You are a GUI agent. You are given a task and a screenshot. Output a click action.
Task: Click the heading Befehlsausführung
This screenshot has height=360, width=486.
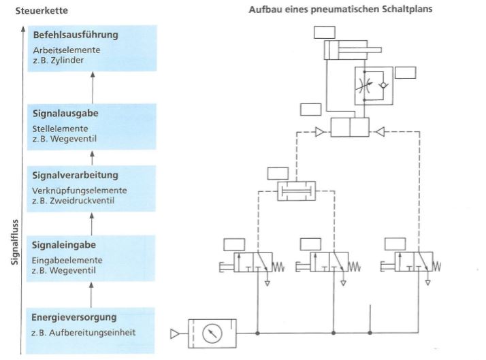click(x=76, y=35)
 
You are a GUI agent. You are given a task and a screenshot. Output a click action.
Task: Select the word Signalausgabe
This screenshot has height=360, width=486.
click(x=65, y=114)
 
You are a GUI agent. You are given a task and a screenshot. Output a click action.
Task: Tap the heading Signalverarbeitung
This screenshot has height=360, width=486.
click(x=76, y=176)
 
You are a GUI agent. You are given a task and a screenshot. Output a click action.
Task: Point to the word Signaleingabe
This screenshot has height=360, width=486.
click(x=64, y=245)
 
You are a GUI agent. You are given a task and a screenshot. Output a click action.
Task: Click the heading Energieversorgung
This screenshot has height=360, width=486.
click(x=74, y=317)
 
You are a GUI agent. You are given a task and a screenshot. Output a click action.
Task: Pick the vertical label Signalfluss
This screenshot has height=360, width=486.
click(x=14, y=242)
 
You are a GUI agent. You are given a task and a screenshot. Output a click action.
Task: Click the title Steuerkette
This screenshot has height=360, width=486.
click(x=42, y=10)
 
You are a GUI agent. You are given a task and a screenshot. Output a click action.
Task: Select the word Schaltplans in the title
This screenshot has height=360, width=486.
click(x=407, y=9)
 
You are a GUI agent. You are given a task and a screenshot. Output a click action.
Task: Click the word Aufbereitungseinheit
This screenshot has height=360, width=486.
click(x=93, y=333)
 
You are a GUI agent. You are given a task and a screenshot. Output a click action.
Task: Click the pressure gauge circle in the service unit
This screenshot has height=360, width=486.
click(x=212, y=333)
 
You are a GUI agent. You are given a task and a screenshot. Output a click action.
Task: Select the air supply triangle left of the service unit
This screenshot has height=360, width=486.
click(x=175, y=333)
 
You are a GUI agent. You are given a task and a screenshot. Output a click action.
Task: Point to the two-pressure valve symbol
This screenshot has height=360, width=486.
click(x=296, y=191)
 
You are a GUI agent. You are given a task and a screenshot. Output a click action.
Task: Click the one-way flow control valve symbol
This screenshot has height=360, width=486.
click(x=374, y=86)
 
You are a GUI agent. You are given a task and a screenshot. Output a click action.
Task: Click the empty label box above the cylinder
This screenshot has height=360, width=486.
click(x=325, y=33)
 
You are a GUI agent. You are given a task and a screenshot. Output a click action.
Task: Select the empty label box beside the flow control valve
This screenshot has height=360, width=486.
click(x=406, y=73)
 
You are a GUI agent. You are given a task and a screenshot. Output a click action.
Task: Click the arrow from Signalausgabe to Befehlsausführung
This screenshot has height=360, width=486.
click(x=93, y=88)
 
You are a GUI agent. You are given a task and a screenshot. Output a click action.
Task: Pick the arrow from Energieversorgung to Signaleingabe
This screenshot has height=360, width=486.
click(x=91, y=295)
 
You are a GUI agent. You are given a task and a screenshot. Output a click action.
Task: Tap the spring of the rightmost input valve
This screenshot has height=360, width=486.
click(x=437, y=267)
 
